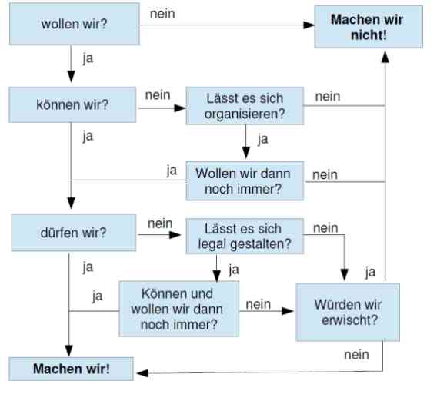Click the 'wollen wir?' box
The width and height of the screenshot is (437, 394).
tap(75, 24)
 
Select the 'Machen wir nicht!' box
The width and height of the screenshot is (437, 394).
tap(369, 27)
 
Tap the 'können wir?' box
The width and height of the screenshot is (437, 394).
tap(72, 104)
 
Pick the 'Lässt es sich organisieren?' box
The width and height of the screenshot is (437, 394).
tap(245, 106)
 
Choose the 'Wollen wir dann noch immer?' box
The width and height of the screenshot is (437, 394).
tap(245, 180)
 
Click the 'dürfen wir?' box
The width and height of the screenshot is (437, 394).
tap(74, 233)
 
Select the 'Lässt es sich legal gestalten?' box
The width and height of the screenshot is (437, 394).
tap(245, 237)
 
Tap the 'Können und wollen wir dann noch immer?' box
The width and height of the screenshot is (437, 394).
tap(179, 309)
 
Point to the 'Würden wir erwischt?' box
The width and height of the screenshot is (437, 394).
tap(348, 312)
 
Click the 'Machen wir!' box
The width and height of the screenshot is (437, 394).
tap(72, 369)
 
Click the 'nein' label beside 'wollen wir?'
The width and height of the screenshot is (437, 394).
tap(162, 14)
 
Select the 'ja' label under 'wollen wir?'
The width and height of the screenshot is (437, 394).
tap(88, 59)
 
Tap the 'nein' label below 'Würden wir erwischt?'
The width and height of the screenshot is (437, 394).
tap(356, 355)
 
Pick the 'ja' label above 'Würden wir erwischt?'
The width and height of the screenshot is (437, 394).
tap(370, 272)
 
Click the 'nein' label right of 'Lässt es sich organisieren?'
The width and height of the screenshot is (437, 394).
tap(328, 97)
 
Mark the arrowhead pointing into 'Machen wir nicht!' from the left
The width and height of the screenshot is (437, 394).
tap(309, 25)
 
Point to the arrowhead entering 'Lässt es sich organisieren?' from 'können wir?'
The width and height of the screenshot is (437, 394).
tap(180, 108)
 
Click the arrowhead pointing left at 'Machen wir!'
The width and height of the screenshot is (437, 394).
tap(142, 373)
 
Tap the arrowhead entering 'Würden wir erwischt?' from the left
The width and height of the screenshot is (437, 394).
tap(288, 311)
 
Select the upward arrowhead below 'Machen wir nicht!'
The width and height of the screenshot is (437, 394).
tap(385, 57)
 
